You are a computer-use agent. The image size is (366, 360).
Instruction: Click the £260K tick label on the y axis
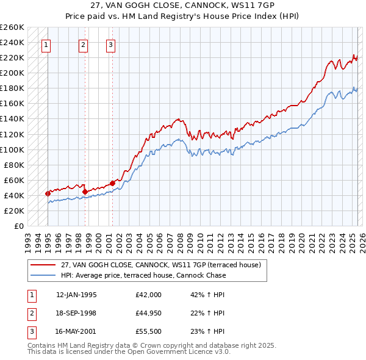[x=12, y=27]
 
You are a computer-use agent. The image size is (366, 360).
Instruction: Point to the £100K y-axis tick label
[x=12, y=149]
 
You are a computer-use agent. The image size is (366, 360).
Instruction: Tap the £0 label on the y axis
[x=18, y=226]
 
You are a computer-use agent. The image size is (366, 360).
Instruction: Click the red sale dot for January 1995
[x=48, y=193]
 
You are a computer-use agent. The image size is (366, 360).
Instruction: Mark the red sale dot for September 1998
[x=85, y=192]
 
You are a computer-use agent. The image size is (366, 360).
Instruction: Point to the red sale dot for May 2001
[x=113, y=183]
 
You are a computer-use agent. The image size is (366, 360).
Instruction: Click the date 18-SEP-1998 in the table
[x=76, y=313]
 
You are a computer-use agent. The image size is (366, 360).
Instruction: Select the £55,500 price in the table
[x=149, y=331]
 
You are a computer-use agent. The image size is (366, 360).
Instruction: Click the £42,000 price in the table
[x=149, y=295]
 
